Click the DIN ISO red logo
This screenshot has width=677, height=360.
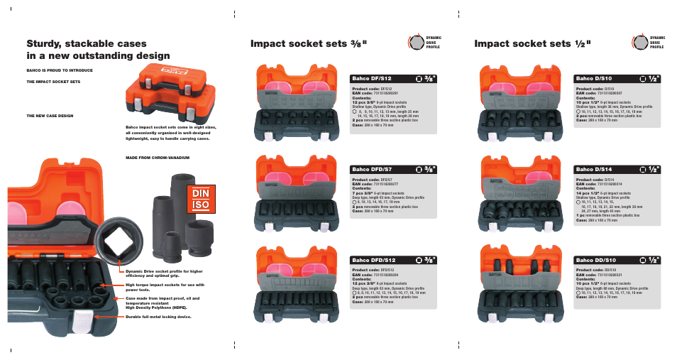pyautogui.click(x=200, y=199)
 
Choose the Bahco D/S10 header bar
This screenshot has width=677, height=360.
pyautogui.click(x=617, y=78)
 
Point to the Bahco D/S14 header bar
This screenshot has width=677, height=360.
pyautogui.click(x=617, y=169)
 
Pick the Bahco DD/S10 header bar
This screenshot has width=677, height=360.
pyautogui.click(x=617, y=260)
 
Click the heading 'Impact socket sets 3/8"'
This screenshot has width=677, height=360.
pyautogui.click(x=309, y=44)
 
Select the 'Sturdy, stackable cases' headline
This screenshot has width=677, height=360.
pyautogui.click(x=99, y=50)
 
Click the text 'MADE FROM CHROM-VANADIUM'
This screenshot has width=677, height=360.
pyautogui.click(x=158, y=157)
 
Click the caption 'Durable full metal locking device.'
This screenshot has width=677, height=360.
pyautogui.click(x=158, y=317)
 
